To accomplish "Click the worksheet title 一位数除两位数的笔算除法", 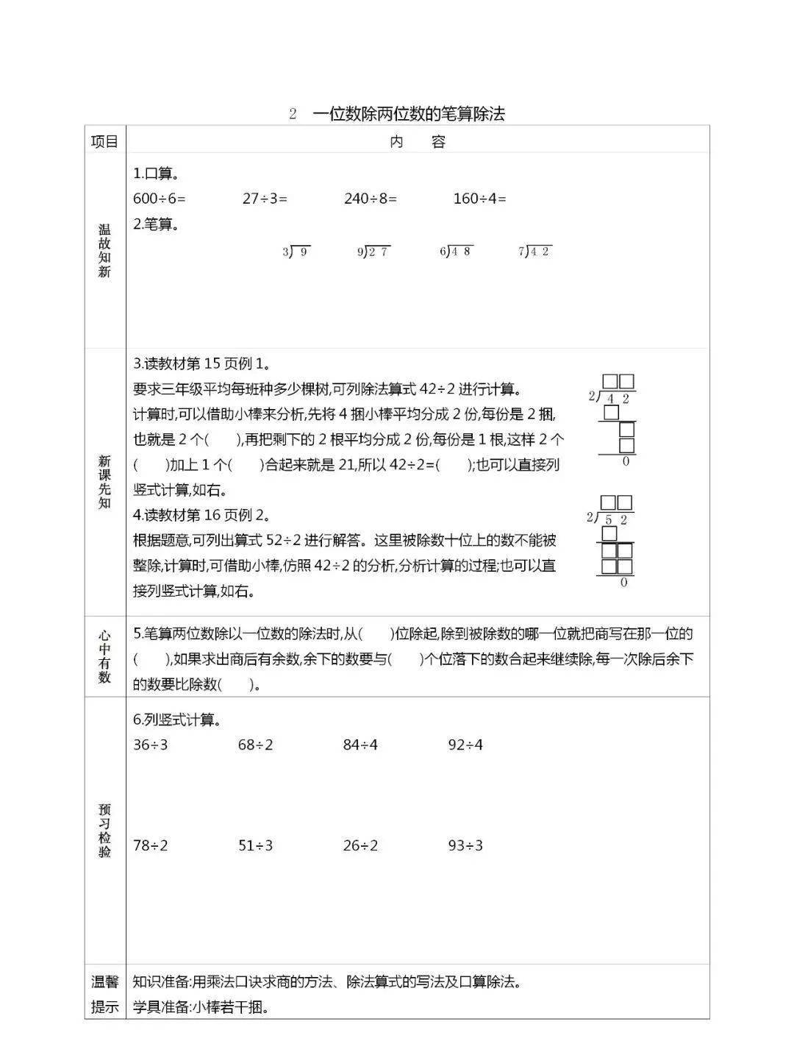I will pos(408,113).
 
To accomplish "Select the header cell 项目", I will pos(104,141).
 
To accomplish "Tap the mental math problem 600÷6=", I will pos(160,198).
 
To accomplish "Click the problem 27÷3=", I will pos(265,198).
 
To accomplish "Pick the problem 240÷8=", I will pos(371,198).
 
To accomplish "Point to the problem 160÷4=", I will pos(480,198).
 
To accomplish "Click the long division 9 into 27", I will pos(373,252).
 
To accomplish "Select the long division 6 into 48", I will pos(456,252).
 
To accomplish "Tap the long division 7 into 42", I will pos(535,252).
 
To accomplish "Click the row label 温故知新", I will pos(104,251).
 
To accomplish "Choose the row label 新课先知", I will pos(104,482).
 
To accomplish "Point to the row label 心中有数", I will pos(104,656).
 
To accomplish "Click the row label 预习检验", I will pos(104,830).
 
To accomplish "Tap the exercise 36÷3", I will pos(151,745).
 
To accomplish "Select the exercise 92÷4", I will pos(465,745).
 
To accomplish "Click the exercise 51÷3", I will pos(255,845).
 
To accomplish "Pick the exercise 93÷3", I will pos(465,845).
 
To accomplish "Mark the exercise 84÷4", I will pos(360,745).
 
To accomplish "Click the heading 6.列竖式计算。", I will pos(177,720).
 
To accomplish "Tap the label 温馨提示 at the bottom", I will pos(104,994).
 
